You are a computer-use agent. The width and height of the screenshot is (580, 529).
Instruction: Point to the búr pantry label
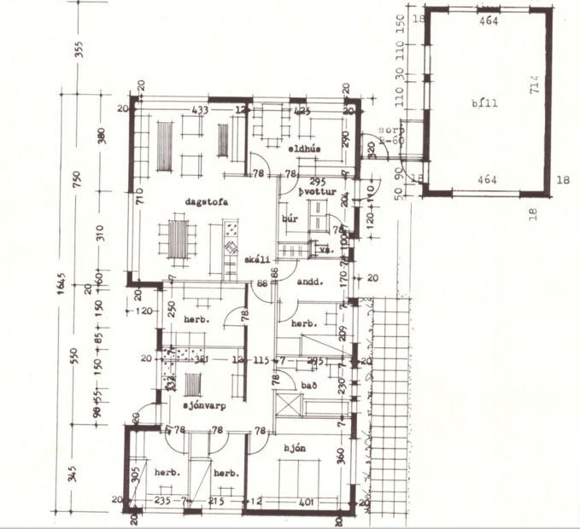point(289,219)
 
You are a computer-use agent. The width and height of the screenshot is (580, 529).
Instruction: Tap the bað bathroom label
point(309,386)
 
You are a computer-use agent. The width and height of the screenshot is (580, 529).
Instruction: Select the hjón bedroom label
point(295,447)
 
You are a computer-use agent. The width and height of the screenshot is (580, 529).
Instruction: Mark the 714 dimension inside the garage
point(535,85)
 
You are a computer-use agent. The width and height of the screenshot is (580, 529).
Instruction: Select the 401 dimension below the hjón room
point(307,503)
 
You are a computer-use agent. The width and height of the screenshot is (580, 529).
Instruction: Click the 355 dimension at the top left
point(80,49)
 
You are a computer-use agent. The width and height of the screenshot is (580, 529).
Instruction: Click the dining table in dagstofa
point(177,238)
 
